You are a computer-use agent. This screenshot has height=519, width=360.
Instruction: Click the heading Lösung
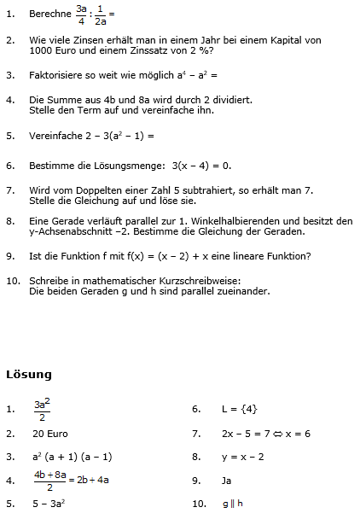point(28,375)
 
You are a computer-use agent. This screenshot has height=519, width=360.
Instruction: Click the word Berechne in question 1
point(49,15)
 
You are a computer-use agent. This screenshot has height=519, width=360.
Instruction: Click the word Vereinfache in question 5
point(55,135)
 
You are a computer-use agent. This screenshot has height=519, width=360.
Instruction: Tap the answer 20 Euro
point(51,434)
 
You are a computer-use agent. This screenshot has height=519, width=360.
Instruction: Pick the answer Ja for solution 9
point(227,480)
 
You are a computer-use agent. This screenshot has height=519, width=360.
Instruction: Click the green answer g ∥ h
point(233,504)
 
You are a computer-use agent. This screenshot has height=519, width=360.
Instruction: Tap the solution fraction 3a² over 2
point(42,409)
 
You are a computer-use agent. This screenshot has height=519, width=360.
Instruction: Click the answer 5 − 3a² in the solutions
point(49,504)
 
